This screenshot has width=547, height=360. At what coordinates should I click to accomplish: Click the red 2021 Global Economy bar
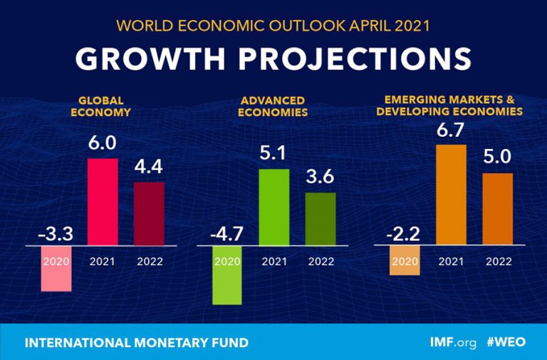pos(103,202)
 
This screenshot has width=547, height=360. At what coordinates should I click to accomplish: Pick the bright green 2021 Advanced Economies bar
pos(274,207)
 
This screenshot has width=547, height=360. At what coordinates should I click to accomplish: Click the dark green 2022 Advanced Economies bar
pos(321,219)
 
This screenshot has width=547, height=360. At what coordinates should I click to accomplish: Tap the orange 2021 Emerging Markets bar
pos(451,195)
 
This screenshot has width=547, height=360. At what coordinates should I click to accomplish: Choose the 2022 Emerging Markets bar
pos(498,210)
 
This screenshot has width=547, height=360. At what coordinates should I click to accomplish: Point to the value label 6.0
pos(103,143)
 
